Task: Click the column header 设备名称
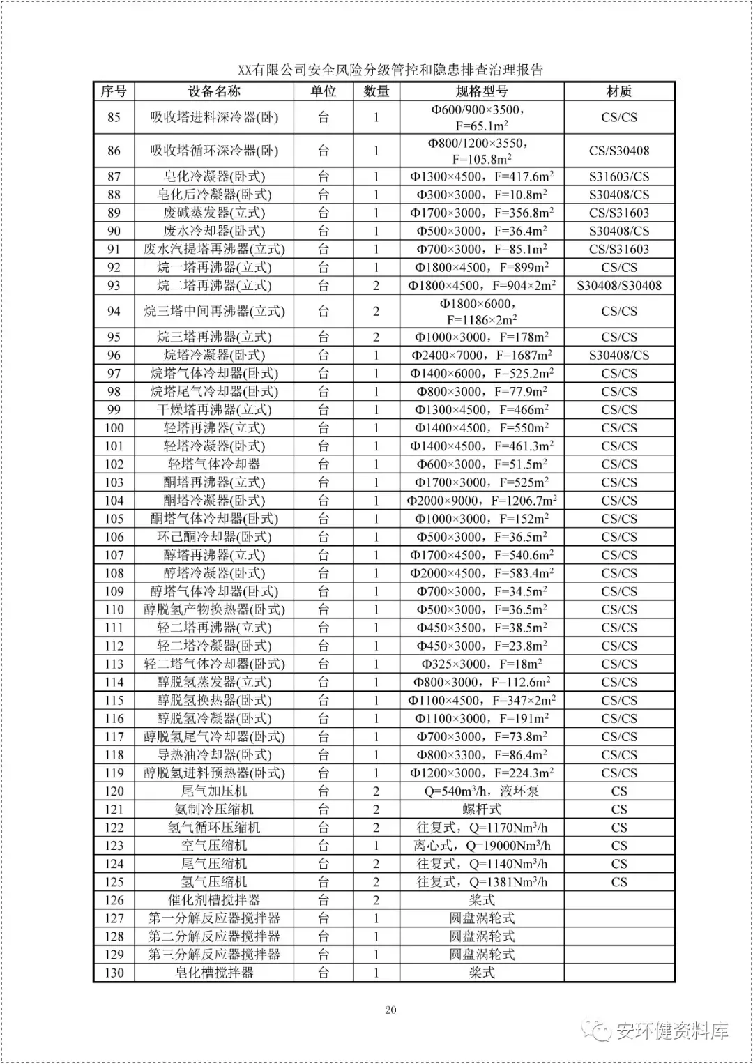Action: pos(213,91)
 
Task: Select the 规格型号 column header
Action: pos(481,91)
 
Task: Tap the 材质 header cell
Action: pos(618,91)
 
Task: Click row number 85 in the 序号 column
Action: pos(114,117)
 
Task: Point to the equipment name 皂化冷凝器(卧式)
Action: pos(214,176)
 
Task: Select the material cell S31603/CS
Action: pos(618,176)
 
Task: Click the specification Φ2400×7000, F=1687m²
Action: pos(481,355)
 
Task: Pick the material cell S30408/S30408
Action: pos(618,285)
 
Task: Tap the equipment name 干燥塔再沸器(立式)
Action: pos(214,409)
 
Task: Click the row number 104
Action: pos(114,501)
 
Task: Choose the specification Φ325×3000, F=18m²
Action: pos(481,664)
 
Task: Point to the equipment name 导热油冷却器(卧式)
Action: pos(214,754)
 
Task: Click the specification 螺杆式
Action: pos(481,809)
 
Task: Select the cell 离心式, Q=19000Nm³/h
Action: pos(481,845)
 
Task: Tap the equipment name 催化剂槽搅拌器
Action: pos(214,899)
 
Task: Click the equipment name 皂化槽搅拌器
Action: pos(214,972)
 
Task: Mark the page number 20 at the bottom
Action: pos(390,1010)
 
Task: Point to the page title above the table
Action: pos(390,70)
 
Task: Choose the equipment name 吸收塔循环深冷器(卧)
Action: pos(214,151)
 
